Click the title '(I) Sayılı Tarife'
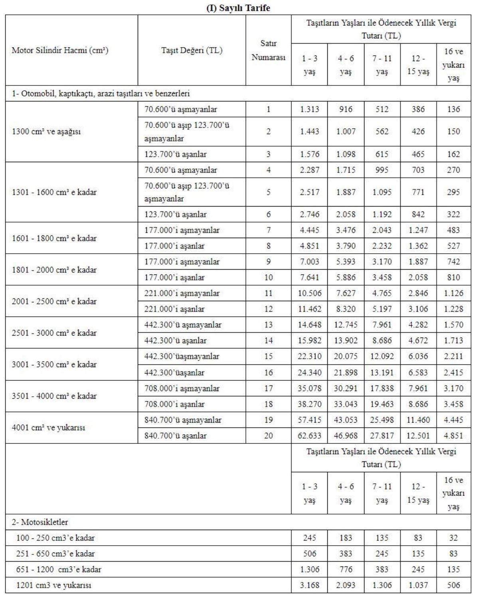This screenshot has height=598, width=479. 238,8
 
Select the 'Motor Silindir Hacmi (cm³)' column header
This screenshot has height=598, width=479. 60,50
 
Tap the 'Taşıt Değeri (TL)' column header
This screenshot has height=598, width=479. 192,50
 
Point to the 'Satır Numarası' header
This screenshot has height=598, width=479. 268,50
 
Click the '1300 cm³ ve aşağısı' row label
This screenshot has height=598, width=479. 46,131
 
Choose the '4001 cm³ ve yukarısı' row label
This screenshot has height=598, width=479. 48,428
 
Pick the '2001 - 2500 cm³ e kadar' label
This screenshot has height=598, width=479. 54,301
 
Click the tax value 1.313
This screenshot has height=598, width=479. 309,109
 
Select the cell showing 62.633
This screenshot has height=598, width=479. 309,435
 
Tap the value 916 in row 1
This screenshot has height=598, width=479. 346,109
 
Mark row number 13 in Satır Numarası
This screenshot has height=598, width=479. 268,325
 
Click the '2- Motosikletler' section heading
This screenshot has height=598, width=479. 40,522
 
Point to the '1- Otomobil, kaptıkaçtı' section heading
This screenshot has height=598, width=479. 101,94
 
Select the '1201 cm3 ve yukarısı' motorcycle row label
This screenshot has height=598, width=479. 53,585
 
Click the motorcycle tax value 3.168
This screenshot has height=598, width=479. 309,585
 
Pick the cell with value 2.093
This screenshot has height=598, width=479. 346,585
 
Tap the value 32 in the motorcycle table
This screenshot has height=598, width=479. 453,538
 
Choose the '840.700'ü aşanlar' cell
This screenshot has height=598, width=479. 175,435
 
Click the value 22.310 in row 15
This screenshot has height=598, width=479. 309,356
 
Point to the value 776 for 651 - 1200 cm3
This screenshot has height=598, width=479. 346,569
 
